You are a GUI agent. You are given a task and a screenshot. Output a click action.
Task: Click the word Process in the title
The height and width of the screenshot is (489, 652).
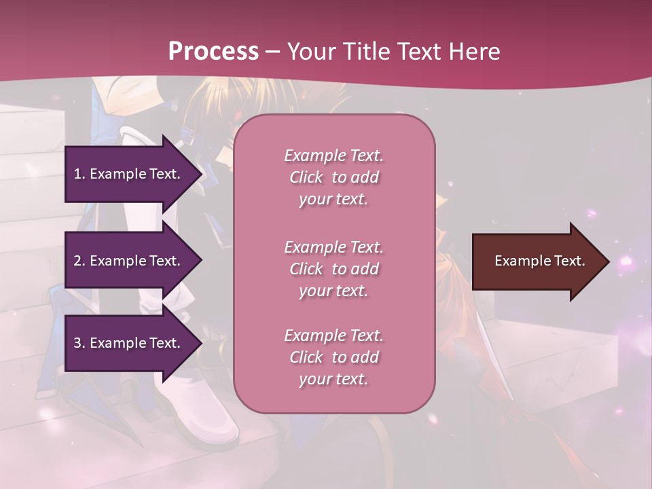[213, 52]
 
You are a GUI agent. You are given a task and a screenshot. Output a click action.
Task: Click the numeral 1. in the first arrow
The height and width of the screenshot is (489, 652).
[79, 174]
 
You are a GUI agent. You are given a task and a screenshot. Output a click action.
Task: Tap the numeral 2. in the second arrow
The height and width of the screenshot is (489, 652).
[79, 261]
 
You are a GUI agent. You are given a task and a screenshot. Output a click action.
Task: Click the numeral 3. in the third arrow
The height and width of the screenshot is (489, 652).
[79, 343]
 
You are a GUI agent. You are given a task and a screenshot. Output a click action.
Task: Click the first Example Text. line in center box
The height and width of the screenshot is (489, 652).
[333, 156]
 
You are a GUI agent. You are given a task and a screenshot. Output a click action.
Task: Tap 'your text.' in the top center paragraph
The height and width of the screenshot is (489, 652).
[333, 200]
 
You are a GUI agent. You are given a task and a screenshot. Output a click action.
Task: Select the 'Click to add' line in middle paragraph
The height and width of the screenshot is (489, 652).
[333, 269]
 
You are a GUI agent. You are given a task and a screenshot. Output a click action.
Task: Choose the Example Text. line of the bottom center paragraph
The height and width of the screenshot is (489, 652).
[333, 336]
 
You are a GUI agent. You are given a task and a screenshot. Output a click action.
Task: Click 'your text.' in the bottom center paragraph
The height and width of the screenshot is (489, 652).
[333, 380]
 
